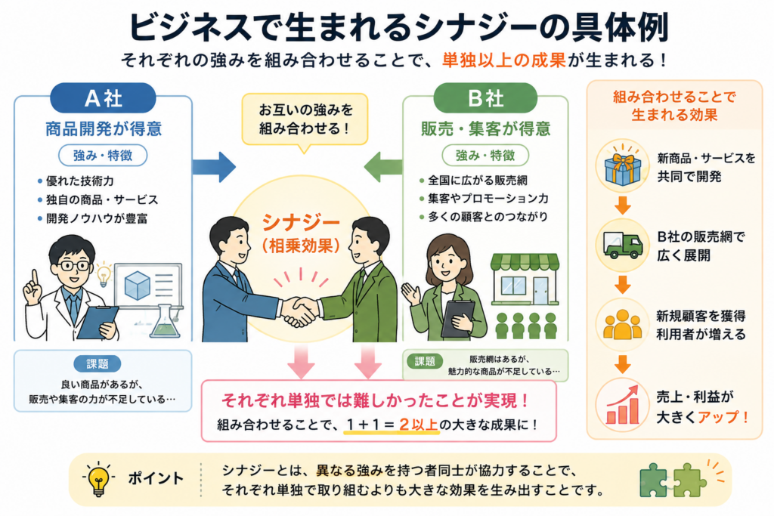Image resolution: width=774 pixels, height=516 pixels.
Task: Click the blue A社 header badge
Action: [x=103, y=98]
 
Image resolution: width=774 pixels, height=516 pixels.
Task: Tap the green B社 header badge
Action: [x=485, y=98]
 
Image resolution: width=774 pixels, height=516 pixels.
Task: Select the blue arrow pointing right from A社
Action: [x=214, y=167]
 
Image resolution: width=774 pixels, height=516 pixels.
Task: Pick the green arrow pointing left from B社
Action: [x=383, y=167]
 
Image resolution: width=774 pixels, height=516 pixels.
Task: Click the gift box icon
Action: [x=622, y=166]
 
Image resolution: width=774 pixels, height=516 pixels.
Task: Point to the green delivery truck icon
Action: [x=623, y=246]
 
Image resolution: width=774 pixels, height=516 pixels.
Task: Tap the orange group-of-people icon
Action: [x=622, y=325]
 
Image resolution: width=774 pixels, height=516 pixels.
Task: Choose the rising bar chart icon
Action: [x=623, y=405]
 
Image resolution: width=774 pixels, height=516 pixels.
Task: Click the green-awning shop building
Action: [x=525, y=280]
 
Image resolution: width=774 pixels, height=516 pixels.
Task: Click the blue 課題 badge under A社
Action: [x=98, y=364]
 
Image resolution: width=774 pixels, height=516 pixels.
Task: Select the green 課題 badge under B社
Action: [x=425, y=361]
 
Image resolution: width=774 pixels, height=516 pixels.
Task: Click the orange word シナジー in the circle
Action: [x=301, y=223]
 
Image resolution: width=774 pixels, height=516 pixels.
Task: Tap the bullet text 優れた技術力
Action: [x=80, y=181]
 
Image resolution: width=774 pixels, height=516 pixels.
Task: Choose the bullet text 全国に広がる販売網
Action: [x=478, y=181]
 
